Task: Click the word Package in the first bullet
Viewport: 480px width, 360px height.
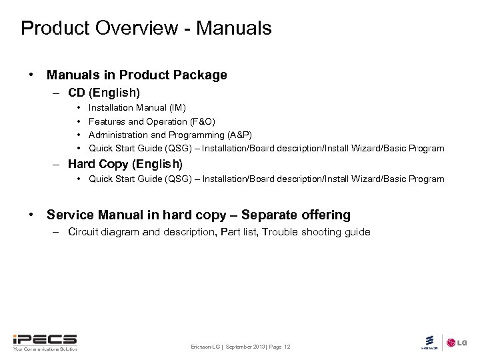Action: pyautogui.click(x=203, y=75)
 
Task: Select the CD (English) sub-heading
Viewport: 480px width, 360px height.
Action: pyautogui.click(x=104, y=92)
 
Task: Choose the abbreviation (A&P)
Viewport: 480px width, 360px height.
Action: pyautogui.click(x=239, y=135)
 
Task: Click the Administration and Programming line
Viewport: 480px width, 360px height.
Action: pyautogui.click(x=170, y=135)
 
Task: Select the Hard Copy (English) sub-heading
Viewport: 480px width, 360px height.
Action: pyautogui.click(x=125, y=163)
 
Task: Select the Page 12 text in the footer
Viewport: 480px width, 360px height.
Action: pyautogui.click(x=279, y=347)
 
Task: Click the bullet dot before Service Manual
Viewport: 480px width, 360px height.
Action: pyautogui.click(x=31, y=215)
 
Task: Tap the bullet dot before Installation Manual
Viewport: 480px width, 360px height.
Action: pyautogui.click(x=79, y=107)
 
